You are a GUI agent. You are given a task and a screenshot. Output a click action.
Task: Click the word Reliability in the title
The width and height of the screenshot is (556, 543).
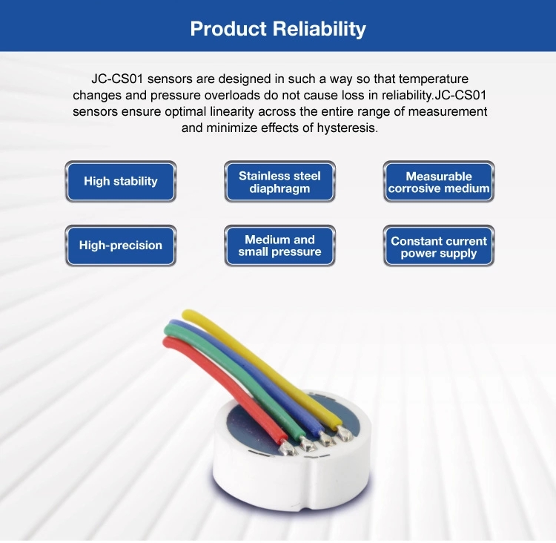tap(319, 29)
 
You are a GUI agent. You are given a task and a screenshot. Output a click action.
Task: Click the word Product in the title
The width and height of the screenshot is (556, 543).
tap(228, 29)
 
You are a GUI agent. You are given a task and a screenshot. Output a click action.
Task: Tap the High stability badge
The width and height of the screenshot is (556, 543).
tap(121, 181)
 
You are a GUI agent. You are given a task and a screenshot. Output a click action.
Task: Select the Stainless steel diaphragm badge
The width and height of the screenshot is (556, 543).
tap(279, 181)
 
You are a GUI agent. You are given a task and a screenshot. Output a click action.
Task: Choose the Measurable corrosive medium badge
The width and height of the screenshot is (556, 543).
tap(439, 181)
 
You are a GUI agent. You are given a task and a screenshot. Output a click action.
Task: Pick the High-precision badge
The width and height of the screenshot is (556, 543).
tap(121, 246)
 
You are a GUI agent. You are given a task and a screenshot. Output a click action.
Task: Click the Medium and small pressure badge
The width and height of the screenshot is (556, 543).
tap(279, 246)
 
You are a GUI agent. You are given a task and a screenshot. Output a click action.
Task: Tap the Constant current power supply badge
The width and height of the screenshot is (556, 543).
tap(439, 246)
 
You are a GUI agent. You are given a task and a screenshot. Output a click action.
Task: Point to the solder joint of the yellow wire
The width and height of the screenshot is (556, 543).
tap(343, 433)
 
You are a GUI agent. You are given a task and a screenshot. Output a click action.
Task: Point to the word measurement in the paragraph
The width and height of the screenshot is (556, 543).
tap(448, 112)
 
